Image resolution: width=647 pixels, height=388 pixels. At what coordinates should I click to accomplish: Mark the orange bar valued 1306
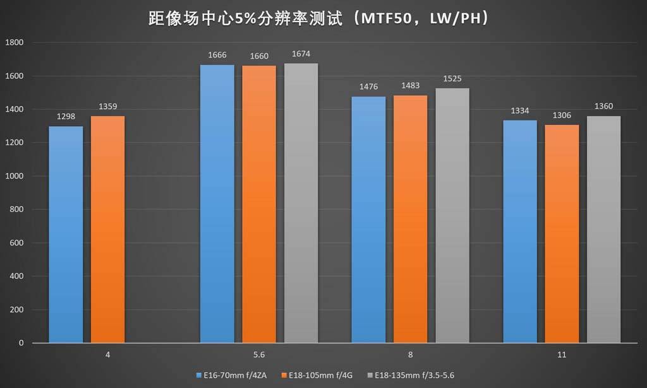tap(562, 234)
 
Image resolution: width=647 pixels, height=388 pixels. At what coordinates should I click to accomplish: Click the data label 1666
tap(217, 56)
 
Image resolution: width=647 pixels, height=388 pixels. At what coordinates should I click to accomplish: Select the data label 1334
tap(519, 111)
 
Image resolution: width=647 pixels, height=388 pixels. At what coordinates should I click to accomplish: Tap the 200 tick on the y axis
tap(17, 310)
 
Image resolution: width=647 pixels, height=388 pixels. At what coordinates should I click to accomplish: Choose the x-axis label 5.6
tap(258, 356)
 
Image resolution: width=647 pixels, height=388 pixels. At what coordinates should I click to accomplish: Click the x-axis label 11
tap(561, 356)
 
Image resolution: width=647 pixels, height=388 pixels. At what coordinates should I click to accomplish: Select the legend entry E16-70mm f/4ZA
tap(238, 375)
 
